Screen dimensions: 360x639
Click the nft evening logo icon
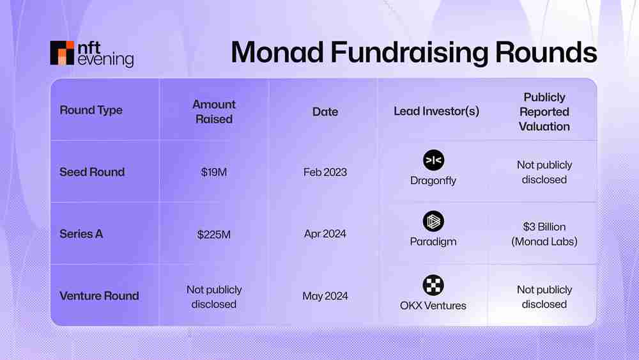62,53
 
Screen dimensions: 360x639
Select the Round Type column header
91,110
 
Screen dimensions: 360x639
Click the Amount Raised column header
214,112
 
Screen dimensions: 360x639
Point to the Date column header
325,112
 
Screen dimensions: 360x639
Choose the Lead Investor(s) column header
436,112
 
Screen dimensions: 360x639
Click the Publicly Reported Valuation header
544,112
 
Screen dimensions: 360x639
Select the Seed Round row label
92,172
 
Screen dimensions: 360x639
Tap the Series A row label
81,234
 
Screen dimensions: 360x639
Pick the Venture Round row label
99,296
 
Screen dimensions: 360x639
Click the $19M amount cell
214,173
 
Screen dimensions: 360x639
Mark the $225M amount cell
214,235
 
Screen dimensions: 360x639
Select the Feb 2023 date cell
325,172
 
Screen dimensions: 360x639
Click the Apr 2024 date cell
325,234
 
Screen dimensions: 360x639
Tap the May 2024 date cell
325,296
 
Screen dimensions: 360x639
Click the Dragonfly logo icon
433,160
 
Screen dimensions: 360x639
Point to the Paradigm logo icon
433,222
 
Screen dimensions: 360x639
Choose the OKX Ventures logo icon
433,285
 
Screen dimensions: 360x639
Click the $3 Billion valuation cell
544,234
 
